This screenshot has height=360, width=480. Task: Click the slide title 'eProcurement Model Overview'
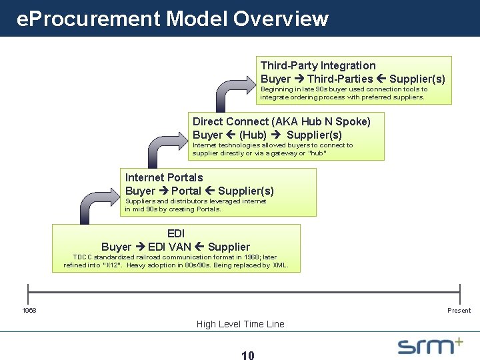172,18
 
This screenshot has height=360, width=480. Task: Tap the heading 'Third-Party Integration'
318,65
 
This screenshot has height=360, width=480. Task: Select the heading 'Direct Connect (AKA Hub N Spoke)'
281,121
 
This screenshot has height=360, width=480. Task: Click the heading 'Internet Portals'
164,177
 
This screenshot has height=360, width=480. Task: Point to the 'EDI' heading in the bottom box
176,233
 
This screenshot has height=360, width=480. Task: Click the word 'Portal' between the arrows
186,191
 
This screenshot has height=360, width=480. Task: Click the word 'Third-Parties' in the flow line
340,79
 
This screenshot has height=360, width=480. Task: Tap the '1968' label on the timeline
29,311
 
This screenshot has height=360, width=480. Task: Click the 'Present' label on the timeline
459,311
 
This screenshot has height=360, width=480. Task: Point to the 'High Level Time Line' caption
240,324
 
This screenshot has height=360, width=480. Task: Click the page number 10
247,355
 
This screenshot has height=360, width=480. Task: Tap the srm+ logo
430,345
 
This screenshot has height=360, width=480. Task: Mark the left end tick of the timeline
28,291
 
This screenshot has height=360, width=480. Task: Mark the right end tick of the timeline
460,291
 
